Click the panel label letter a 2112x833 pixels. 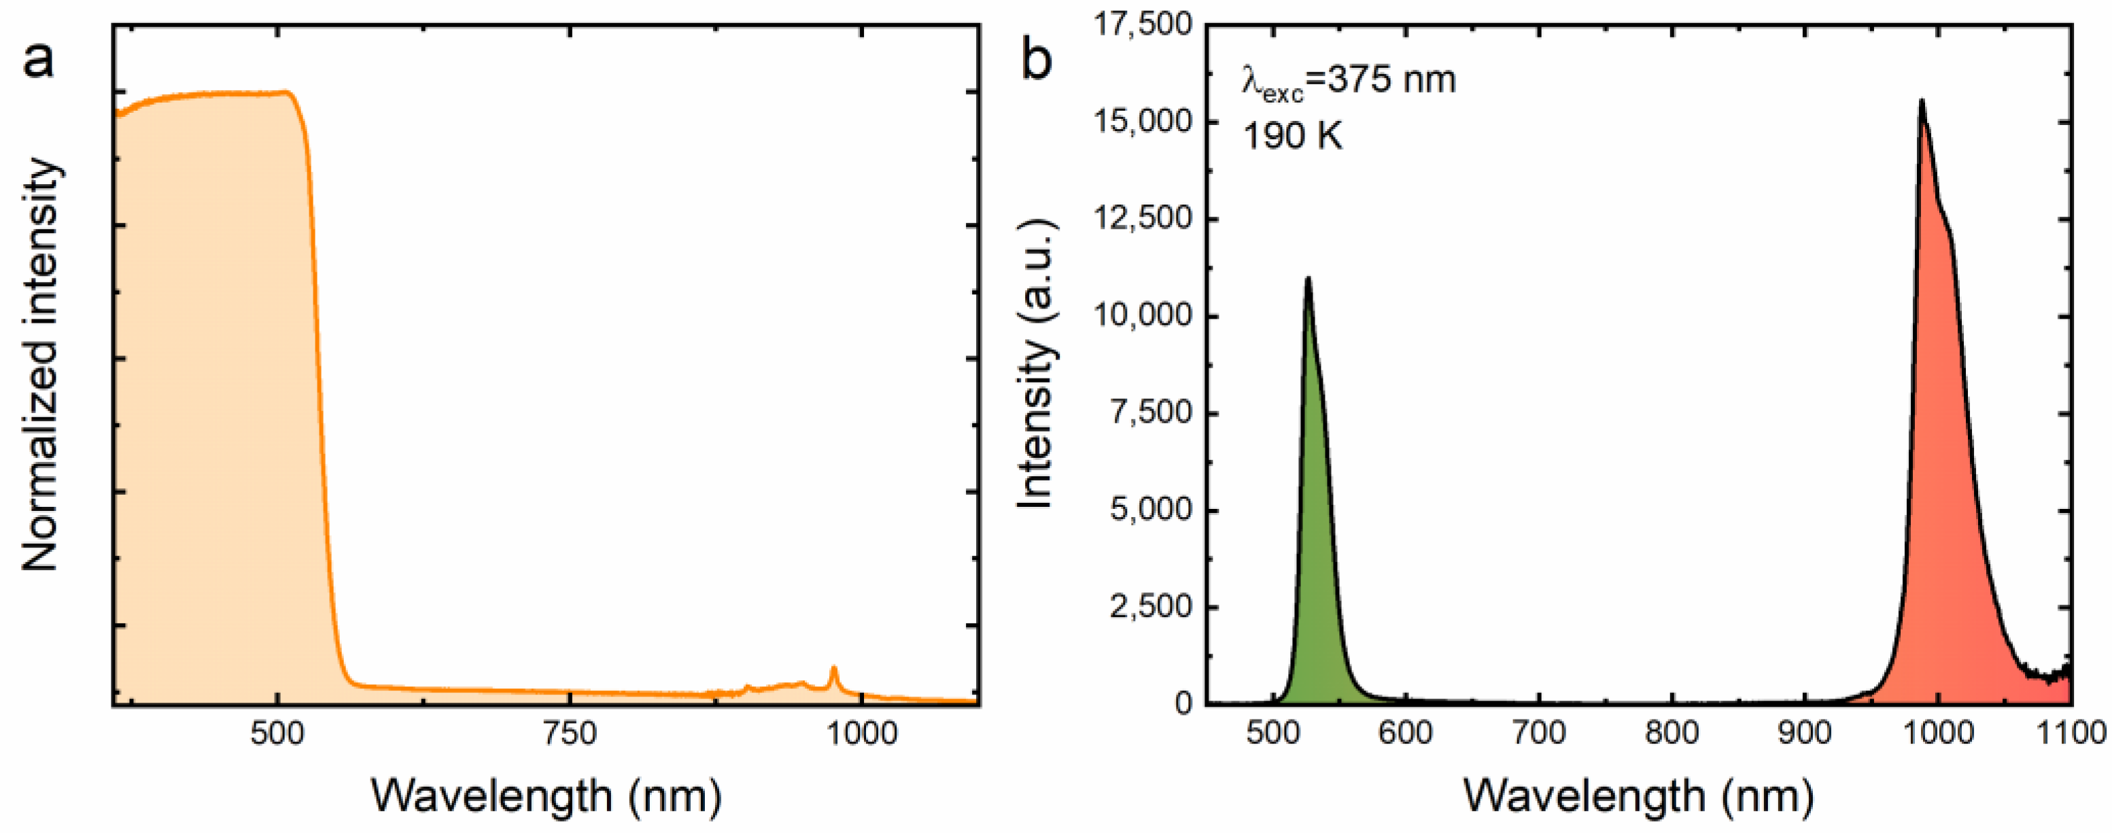(x=39, y=59)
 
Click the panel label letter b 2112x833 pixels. (x=1037, y=59)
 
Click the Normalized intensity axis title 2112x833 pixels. (x=41, y=365)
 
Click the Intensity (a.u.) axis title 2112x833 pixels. (x=1037, y=365)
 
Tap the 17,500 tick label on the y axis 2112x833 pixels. (x=1143, y=24)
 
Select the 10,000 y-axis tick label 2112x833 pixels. (x=1143, y=316)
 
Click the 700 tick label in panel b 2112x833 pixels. (x=1539, y=732)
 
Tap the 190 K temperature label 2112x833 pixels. (x=1293, y=135)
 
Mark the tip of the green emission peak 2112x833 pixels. (x=1308, y=279)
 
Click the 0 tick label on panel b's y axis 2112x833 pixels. (x=1181, y=703)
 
